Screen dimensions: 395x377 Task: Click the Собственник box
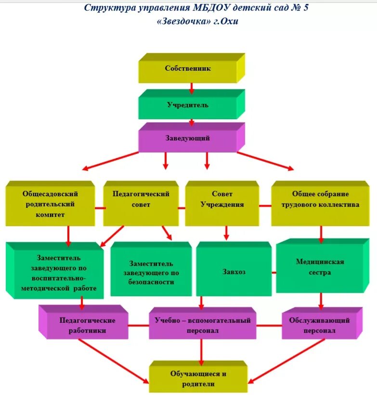click(188, 69)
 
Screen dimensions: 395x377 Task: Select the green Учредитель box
click(188, 105)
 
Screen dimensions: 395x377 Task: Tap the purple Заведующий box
click(188, 139)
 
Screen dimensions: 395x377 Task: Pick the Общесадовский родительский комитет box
click(50, 204)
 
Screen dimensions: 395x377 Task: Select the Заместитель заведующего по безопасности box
click(151, 273)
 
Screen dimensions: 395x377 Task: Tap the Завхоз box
click(234, 272)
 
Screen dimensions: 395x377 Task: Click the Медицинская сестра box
click(320, 267)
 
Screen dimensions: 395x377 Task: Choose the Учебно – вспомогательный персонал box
click(202, 326)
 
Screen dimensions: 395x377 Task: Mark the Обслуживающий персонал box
click(319, 326)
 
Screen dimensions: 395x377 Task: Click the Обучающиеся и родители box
click(198, 379)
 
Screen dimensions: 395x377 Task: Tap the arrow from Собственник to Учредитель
click(192, 88)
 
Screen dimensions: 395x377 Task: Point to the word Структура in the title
click(105, 8)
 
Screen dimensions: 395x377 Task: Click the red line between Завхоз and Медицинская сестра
click(273, 272)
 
